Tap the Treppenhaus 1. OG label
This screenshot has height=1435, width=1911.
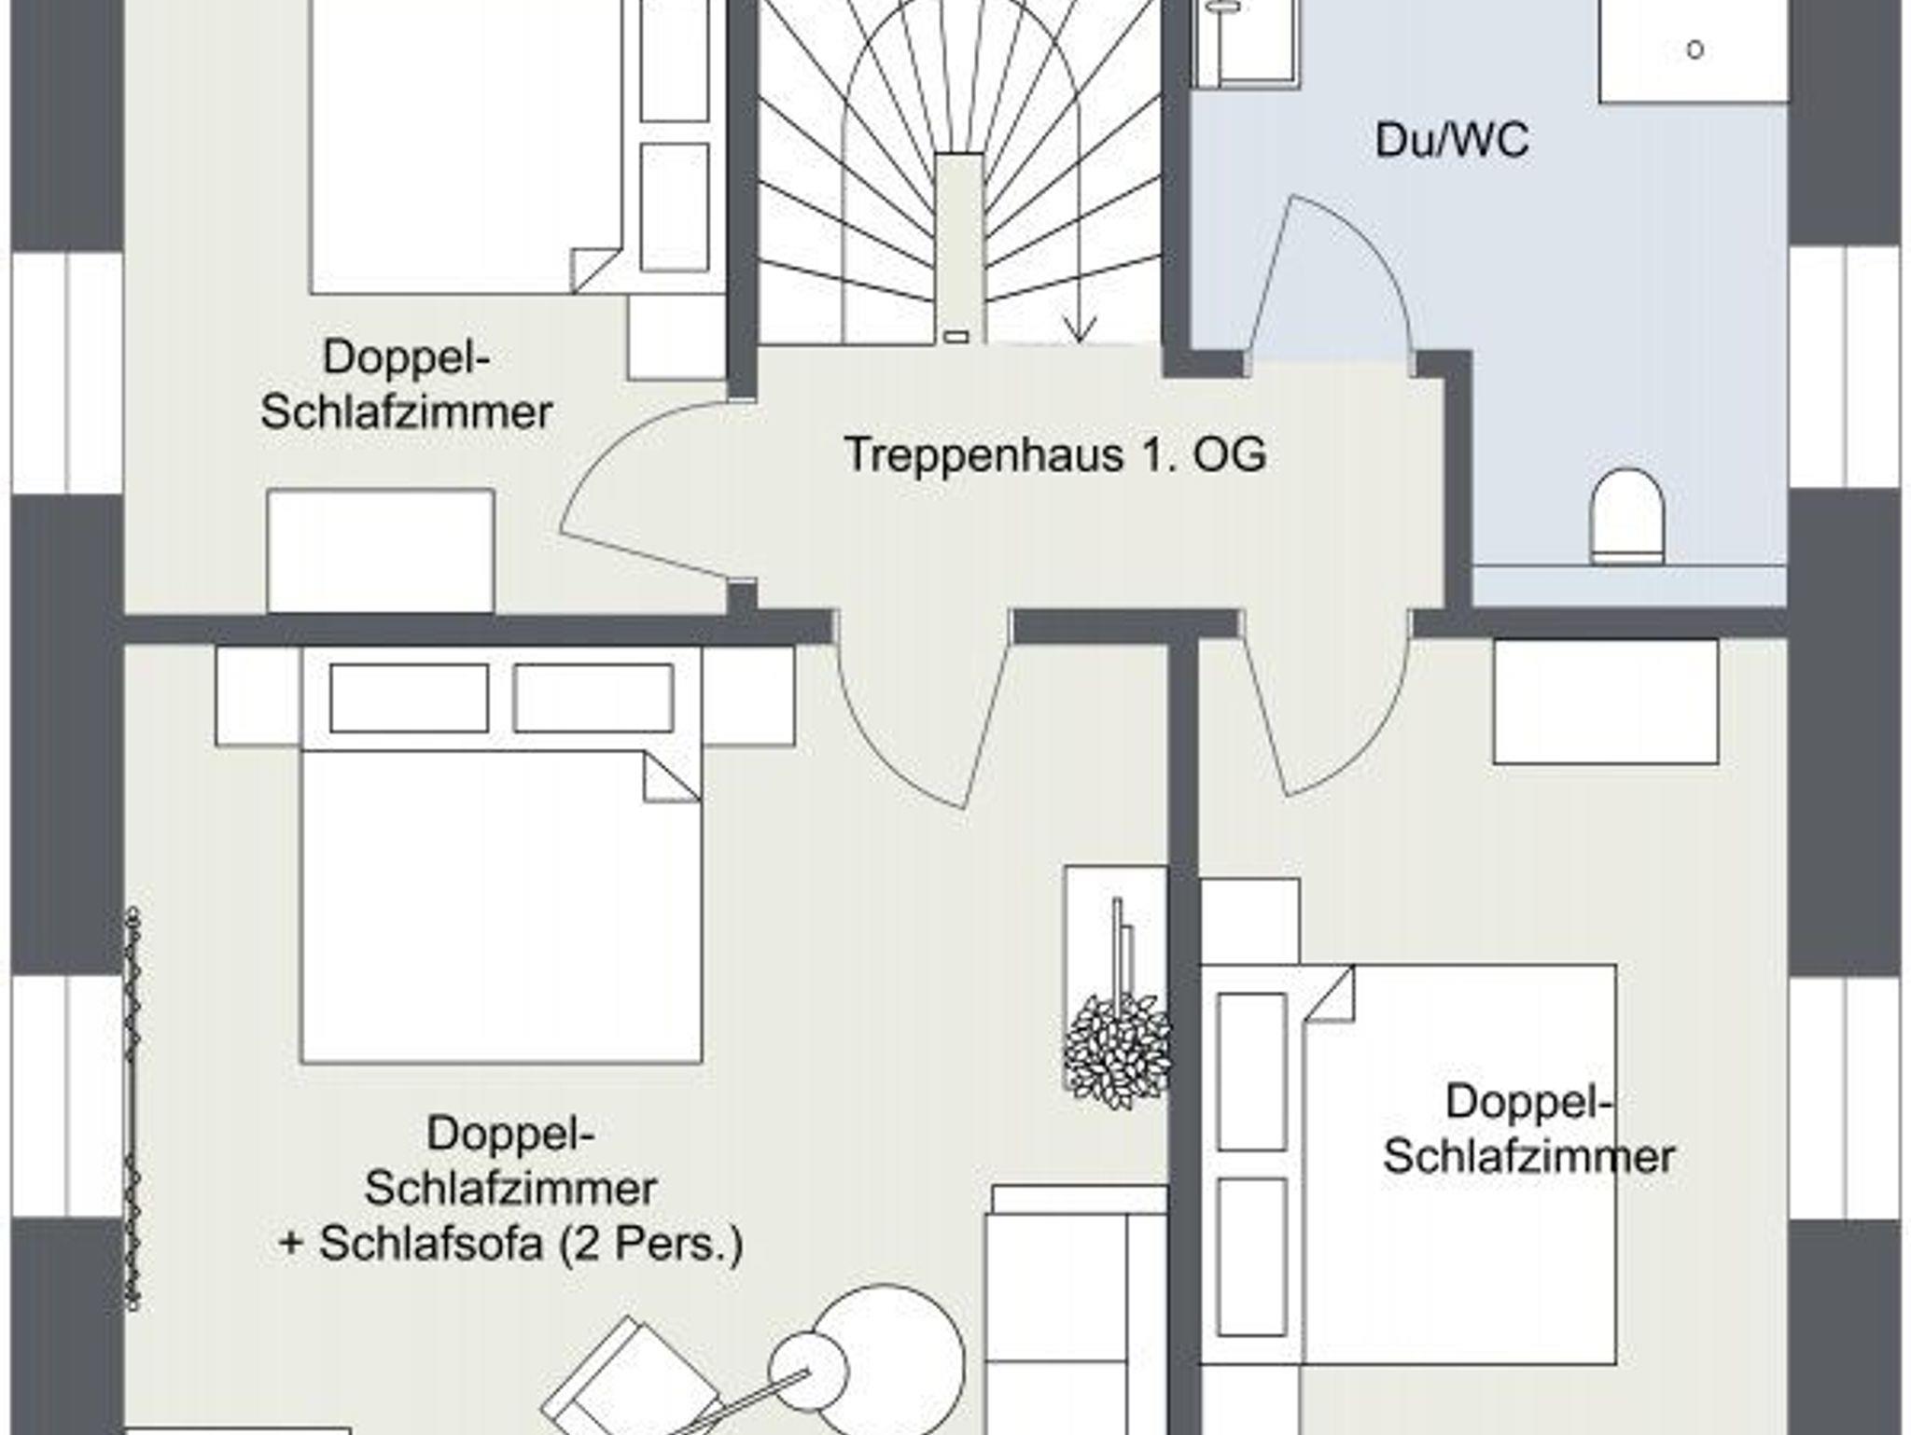[1054, 455]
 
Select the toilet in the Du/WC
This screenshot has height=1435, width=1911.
[1627, 516]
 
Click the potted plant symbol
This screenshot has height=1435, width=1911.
[1117, 1051]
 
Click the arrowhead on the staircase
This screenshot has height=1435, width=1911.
[1080, 332]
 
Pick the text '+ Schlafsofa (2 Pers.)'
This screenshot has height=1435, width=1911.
[511, 1243]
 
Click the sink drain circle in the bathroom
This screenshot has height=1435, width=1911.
[1695, 50]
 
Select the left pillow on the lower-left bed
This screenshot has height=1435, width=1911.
[409, 698]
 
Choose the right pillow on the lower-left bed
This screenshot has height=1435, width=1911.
[593, 698]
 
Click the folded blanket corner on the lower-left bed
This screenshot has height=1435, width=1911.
[671, 777]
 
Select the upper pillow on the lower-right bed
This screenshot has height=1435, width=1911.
[1251, 1071]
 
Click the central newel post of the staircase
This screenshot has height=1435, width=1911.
[958, 243]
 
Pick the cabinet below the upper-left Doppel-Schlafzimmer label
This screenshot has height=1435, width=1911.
[381, 550]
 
